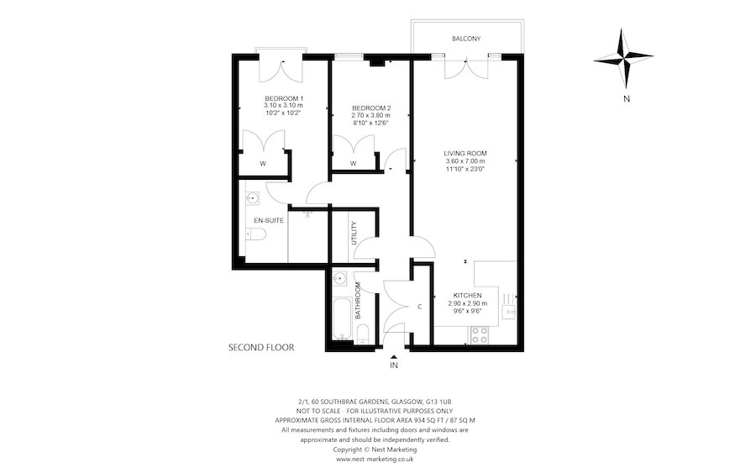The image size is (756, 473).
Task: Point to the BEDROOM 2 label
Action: (x=370, y=108)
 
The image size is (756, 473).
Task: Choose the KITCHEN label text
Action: (x=467, y=296)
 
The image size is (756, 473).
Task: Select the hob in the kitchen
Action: (x=480, y=334)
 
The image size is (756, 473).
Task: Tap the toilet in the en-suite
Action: (x=257, y=234)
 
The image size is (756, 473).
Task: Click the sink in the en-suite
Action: (x=253, y=199)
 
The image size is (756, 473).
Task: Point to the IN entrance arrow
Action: (x=393, y=359)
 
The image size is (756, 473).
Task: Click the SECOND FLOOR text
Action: (x=261, y=346)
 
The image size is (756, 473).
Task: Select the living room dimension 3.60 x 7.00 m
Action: (x=465, y=161)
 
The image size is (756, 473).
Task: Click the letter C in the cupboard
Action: (x=419, y=305)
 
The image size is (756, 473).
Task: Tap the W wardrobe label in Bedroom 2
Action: (x=353, y=163)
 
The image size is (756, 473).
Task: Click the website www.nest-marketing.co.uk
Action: (x=374, y=460)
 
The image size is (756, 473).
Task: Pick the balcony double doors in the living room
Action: (x=466, y=67)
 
